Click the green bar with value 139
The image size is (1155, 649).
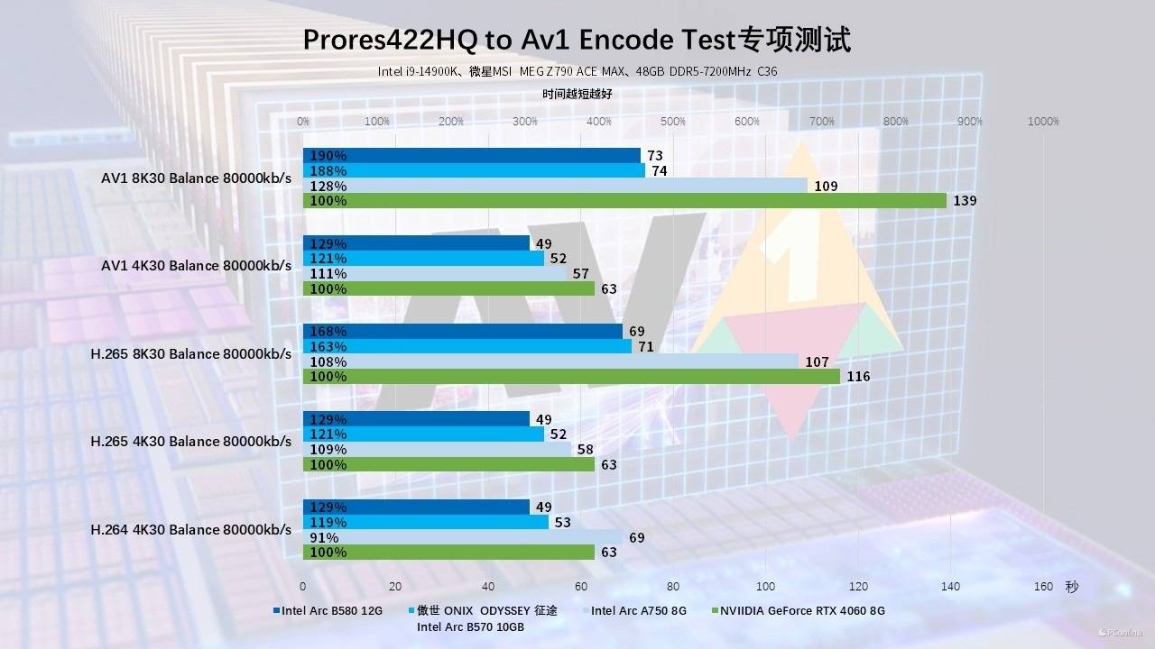click(624, 201)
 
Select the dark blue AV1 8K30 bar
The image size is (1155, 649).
click(471, 155)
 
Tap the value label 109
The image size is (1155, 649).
click(826, 187)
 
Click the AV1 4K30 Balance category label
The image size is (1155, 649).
click(196, 266)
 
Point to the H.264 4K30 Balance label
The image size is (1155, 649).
click(191, 530)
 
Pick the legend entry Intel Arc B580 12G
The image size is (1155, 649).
click(331, 611)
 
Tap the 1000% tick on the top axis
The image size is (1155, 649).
click(1044, 122)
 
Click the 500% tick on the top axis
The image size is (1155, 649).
click(673, 122)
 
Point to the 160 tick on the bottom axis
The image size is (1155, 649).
click(1043, 587)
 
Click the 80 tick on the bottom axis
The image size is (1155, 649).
click(673, 587)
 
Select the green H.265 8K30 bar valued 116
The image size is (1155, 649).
click(571, 377)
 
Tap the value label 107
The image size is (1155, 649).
click(817, 362)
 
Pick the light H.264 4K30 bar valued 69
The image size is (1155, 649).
click(462, 537)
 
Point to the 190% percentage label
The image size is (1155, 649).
click(328, 156)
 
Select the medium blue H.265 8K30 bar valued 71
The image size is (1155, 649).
click(467, 346)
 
